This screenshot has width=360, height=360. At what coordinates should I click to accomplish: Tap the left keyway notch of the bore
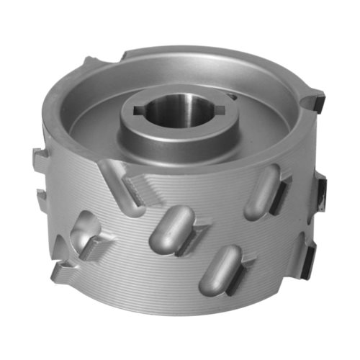pyautogui.click(x=138, y=112)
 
